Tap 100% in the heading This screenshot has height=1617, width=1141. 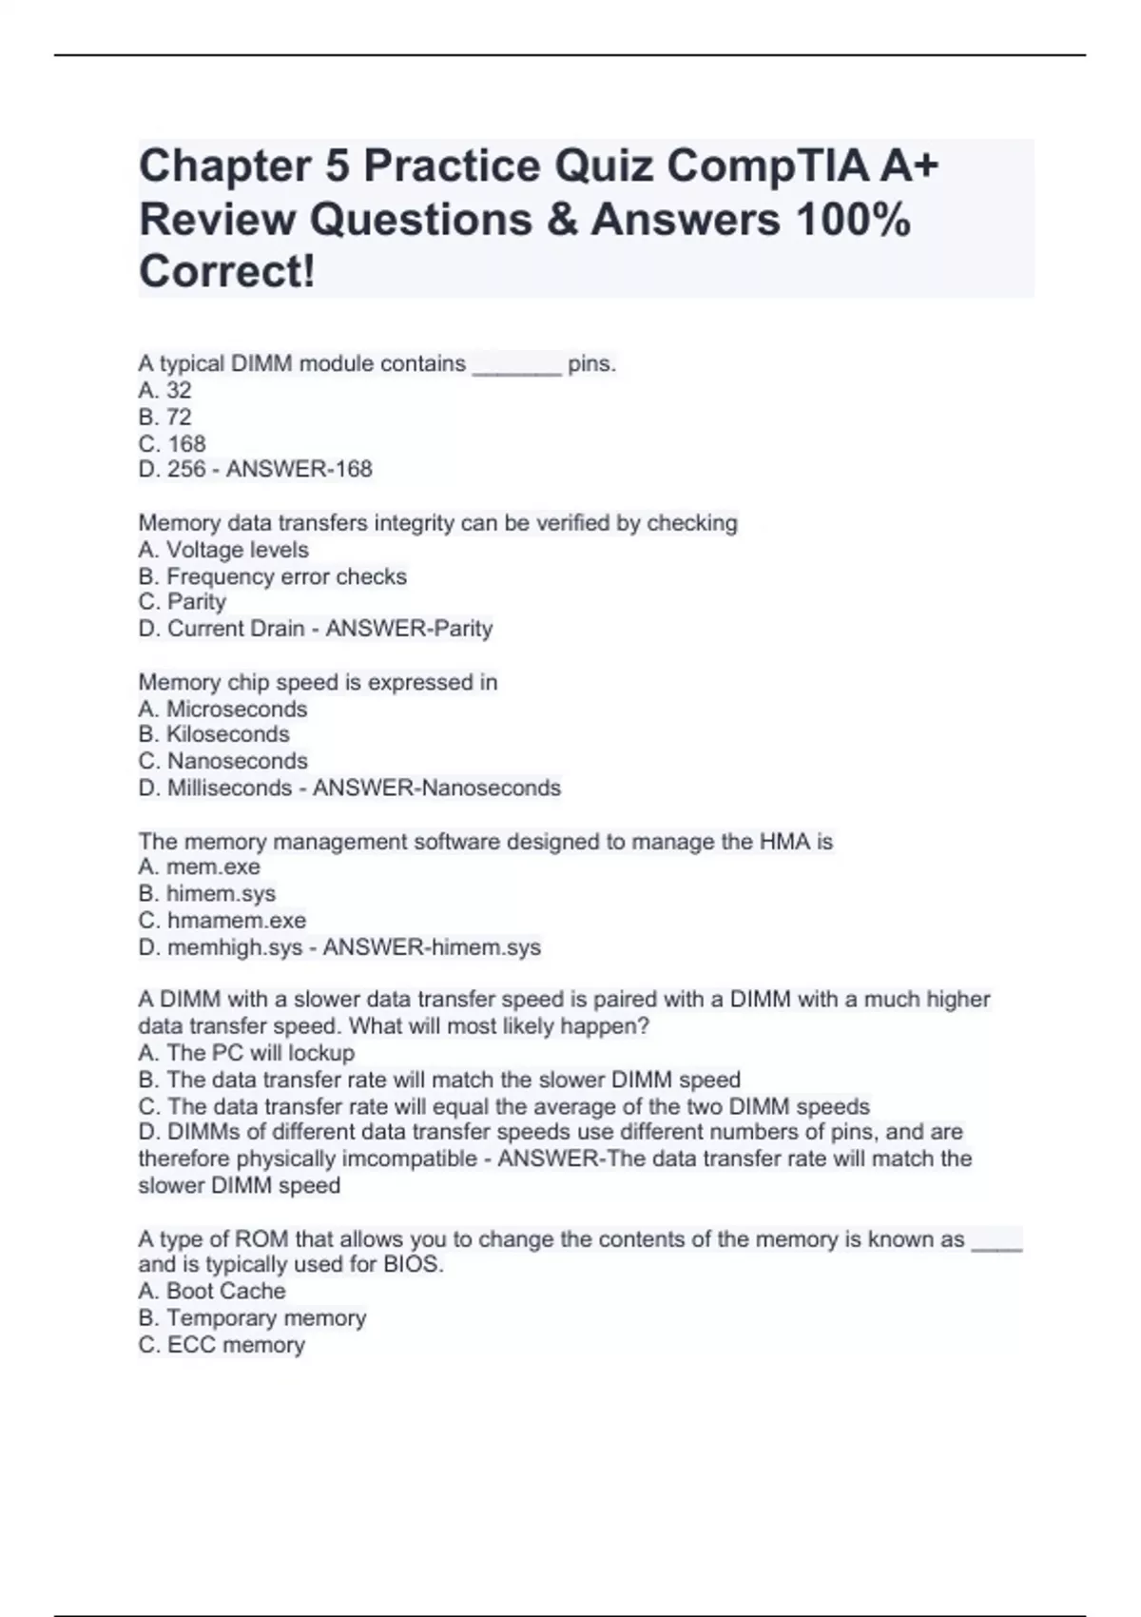tap(853, 220)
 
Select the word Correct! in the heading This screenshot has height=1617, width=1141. tap(226, 272)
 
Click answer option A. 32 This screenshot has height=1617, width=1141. tap(164, 390)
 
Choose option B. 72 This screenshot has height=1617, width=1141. tap(164, 417)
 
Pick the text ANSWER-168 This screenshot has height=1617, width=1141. tap(299, 469)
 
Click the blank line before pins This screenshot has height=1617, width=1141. tap(516, 365)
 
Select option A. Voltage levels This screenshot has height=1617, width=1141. tap(223, 550)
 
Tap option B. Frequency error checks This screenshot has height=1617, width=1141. tap(272, 576)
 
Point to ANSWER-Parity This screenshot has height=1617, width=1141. tap(409, 629)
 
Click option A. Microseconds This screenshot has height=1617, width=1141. tap(222, 709)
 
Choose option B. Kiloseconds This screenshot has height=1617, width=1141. tap(214, 734)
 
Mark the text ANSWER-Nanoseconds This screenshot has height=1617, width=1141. tap(436, 788)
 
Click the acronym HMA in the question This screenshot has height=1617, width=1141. tap(783, 842)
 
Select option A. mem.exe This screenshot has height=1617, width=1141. tap(199, 867)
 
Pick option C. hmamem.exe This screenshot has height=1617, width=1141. tap(222, 920)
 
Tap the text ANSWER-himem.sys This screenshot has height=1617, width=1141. tap(432, 947)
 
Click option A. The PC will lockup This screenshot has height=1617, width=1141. tap(246, 1053)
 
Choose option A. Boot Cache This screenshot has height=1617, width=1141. tap(211, 1291)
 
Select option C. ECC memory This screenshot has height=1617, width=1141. tap(222, 1345)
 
